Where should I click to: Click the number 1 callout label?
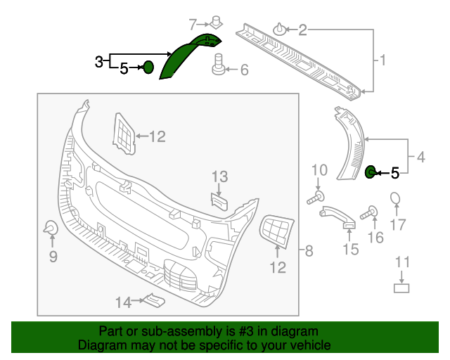[383, 61]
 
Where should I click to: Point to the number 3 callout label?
[99, 62]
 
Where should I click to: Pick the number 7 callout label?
[193, 24]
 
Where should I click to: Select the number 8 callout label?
[308, 251]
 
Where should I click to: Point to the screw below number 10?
[316, 198]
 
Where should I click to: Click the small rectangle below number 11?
[401, 287]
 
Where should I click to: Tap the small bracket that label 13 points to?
[219, 201]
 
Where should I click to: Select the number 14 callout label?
[123, 302]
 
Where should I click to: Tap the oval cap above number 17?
[396, 199]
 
